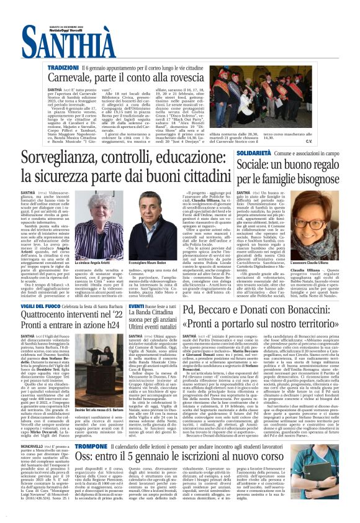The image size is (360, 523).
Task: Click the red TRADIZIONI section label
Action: [63, 66]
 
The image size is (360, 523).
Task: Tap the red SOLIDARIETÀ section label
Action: [253, 152]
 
